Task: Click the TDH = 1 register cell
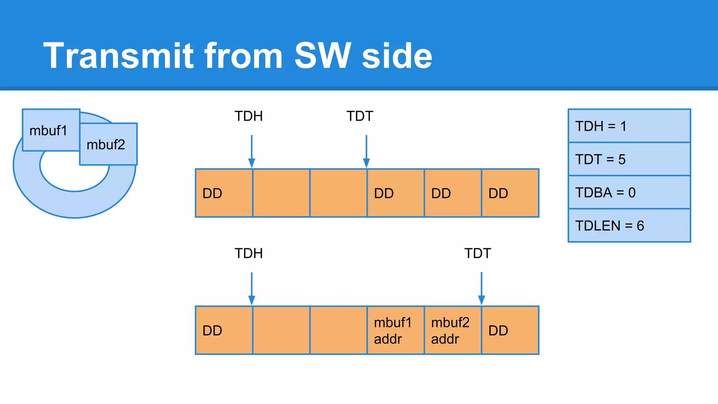[x=629, y=126]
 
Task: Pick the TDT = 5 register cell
[x=629, y=159]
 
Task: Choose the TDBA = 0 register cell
[x=629, y=192]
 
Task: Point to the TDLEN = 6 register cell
[x=629, y=225]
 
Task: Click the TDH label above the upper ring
[x=249, y=116]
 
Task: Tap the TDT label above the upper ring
[x=360, y=116]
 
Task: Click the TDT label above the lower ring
[x=477, y=253]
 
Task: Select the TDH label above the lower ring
[x=249, y=253]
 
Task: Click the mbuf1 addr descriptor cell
[x=395, y=330]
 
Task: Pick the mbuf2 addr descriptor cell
[x=453, y=330]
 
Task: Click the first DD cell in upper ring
[x=224, y=193]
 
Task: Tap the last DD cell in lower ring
[x=510, y=330]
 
